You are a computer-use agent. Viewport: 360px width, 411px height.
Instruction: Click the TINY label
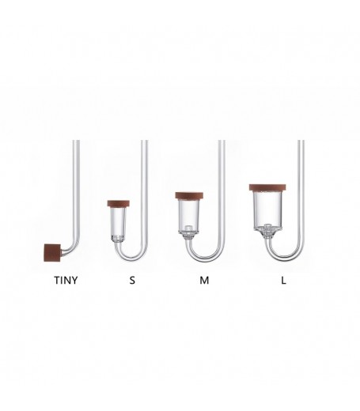66,280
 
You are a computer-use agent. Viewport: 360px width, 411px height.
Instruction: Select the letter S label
132,280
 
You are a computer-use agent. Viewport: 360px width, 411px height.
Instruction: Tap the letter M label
204,280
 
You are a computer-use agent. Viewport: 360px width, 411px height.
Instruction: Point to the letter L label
283,280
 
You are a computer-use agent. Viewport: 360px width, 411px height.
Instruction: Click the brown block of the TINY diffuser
52,253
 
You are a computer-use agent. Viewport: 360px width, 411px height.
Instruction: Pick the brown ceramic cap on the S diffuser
119,203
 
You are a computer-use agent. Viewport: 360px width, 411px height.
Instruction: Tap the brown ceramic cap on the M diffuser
189,195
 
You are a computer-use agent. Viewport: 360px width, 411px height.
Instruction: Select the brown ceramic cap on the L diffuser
268,187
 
